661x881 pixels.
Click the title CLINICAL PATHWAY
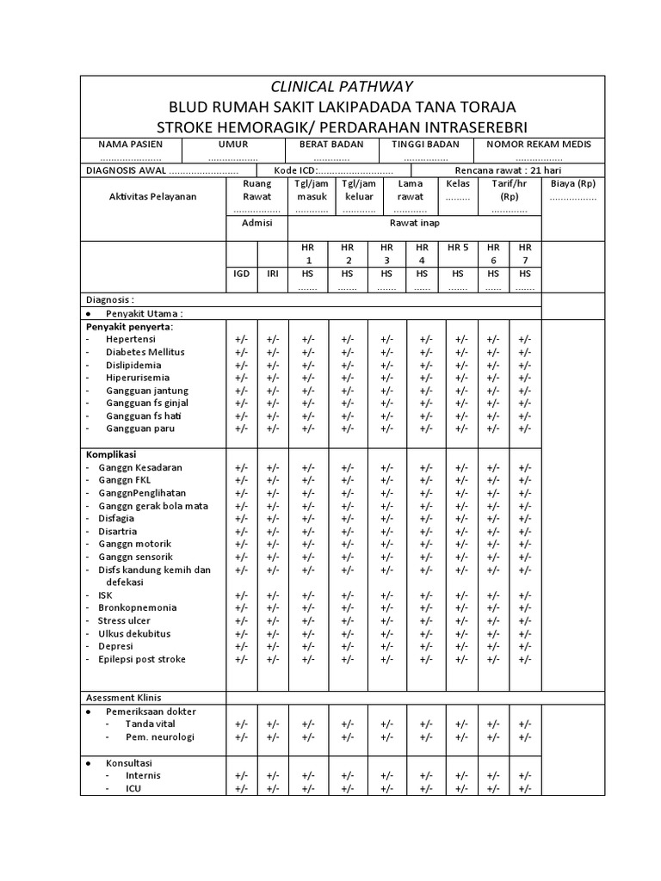[342, 87]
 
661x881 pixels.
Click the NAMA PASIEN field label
[130, 145]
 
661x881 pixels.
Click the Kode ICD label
[293, 170]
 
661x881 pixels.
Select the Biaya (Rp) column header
[572, 184]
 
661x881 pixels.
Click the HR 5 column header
[458, 248]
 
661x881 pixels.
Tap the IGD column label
[242, 274]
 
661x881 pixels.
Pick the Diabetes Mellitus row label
[145, 352]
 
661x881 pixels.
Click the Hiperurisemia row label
[138, 378]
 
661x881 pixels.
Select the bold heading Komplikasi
[111, 454]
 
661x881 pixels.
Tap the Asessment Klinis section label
[124, 698]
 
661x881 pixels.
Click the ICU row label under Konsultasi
[134, 788]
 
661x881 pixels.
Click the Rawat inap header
[414, 223]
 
